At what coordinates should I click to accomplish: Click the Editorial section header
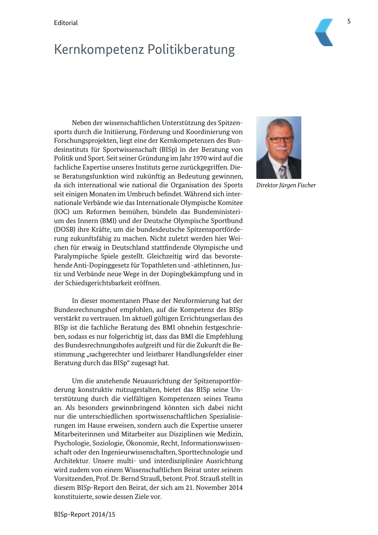(66, 23)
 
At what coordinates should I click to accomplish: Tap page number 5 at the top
(349, 21)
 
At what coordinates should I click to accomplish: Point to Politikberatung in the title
(191, 49)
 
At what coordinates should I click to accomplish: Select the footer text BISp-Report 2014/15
(84, 514)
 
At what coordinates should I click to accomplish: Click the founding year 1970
(200, 158)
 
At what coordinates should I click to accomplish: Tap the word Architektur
(71, 461)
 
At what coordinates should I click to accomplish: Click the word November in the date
(211, 488)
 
